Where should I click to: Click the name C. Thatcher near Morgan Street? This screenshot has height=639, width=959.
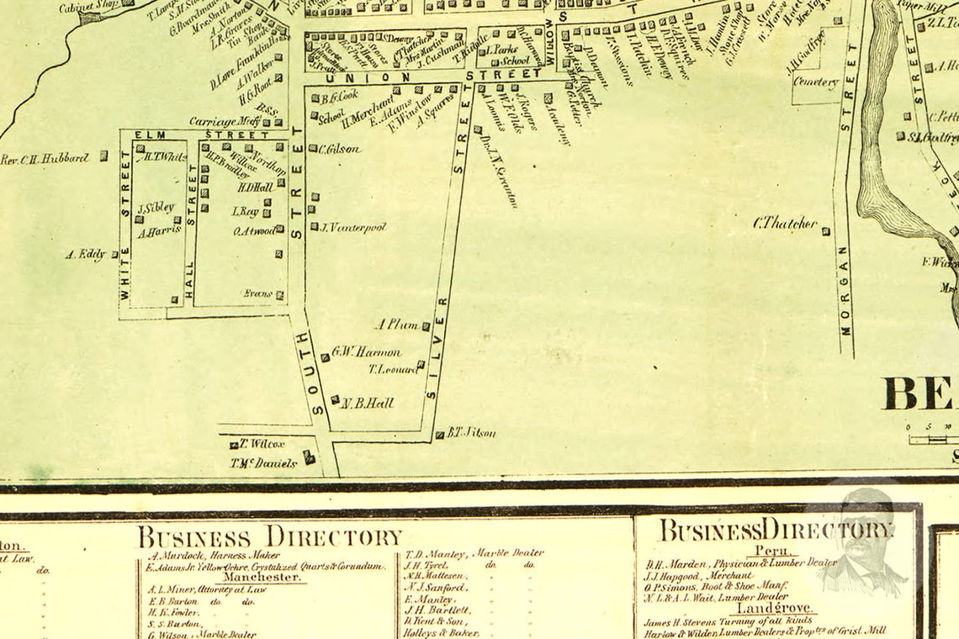(786, 224)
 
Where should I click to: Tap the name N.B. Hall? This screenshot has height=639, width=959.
(368, 403)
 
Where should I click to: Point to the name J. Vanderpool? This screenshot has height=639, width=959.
(352, 227)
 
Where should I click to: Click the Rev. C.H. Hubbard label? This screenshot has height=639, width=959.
(45, 158)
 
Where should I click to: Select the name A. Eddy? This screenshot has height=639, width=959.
(86, 253)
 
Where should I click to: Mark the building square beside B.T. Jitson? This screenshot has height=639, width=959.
(439, 435)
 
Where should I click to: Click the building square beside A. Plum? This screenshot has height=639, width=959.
(426, 326)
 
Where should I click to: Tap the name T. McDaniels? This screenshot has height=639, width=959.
(263, 462)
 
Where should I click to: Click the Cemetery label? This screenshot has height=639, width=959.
(816, 82)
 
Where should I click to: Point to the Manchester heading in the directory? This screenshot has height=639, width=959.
(262, 578)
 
